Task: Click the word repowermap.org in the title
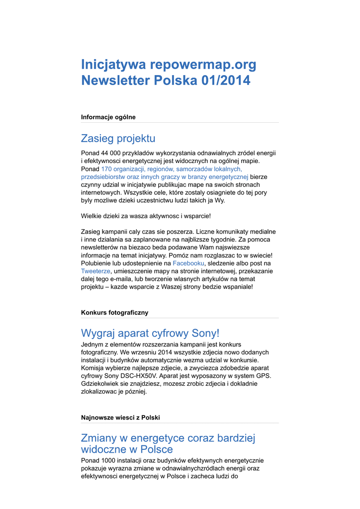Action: pyautogui.click(x=203, y=65)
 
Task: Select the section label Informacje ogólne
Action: pyautogui.click(x=108, y=117)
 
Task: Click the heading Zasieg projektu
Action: pyautogui.click(x=118, y=138)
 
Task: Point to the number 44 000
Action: pyautogui.click(x=112, y=153)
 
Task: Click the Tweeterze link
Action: pyautogui.click(x=95, y=271)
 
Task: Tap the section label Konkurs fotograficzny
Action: pyautogui.click(x=114, y=313)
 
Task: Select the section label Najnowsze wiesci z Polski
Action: pyautogui.click(x=120, y=418)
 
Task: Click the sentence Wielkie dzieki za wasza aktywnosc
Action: pyautogui.click(x=146, y=216)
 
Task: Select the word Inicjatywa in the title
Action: pyautogui.click(x=113, y=65)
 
